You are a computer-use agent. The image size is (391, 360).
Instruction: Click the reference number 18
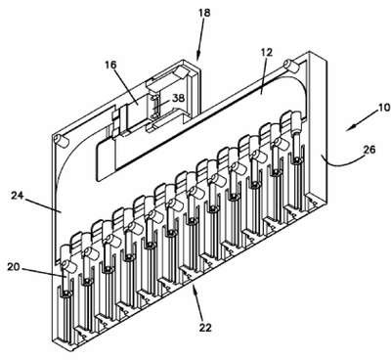coord(204,13)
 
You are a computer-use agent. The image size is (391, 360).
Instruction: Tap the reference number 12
coord(266,53)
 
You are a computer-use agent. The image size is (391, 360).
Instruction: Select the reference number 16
coord(110,65)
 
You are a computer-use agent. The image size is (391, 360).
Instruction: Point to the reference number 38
coord(179,98)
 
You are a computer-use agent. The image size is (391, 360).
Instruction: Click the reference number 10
coord(384,108)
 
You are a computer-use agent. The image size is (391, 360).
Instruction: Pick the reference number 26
coord(369,150)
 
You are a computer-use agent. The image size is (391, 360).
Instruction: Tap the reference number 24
coord(18,196)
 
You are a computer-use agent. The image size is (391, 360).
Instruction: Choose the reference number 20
coord(14,267)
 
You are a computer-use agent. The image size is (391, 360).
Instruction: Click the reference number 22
coord(204,328)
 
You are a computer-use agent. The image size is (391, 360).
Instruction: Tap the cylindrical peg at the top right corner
coord(291,66)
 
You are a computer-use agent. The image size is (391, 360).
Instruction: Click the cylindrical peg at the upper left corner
coord(61,141)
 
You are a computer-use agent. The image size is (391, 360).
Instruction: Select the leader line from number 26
coord(342,161)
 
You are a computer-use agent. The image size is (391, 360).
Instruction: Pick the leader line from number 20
coord(44,273)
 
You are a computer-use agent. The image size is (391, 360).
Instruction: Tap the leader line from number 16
coord(125,86)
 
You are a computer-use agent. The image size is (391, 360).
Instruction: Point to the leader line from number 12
coord(264,75)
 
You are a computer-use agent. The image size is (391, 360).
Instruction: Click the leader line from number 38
coord(164,104)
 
